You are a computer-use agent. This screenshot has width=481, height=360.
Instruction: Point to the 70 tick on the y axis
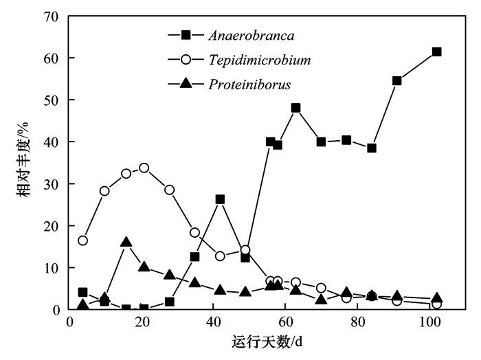point(52,16)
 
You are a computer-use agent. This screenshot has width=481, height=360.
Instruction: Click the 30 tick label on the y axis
point(52,183)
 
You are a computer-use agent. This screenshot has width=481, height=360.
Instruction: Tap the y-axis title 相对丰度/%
point(23,163)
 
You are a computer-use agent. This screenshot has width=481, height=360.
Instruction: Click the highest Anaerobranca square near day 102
point(436,52)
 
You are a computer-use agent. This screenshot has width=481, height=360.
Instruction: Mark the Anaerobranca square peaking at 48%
point(296,108)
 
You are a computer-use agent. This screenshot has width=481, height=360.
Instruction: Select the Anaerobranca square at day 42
point(220,199)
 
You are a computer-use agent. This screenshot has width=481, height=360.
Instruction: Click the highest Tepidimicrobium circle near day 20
point(144,168)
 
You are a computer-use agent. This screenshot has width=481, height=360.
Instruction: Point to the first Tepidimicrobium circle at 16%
point(83,240)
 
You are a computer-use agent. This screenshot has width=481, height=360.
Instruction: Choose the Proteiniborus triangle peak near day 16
point(126,243)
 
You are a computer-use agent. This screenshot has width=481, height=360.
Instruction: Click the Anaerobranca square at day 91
point(397,80)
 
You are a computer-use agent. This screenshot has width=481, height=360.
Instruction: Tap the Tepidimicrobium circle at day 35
point(195,232)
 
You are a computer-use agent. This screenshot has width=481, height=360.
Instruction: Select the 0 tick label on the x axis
point(69,322)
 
